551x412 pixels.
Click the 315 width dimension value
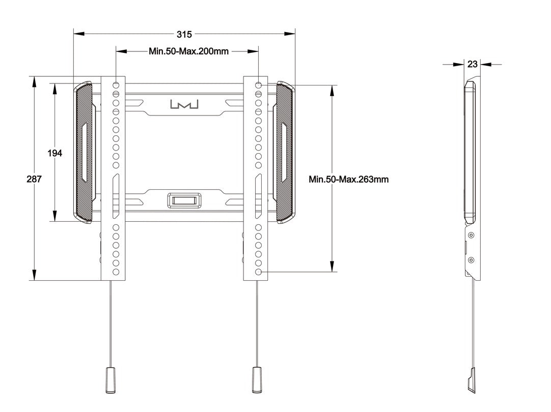pyautogui.click(x=184, y=34)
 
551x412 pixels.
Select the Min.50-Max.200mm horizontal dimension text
pyautogui.click(x=188, y=51)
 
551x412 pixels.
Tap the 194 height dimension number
pyautogui.click(x=55, y=153)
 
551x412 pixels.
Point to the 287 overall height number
pyautogui.click(x=34, y=179)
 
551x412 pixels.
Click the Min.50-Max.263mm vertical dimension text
pyautogui.click(x=349, y=179)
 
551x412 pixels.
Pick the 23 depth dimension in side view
pyautogui.click(x=472, y=64)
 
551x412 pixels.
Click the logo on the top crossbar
pyautogui.click(x=184, y=104)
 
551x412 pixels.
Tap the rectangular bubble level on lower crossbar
pyautogui.click(x=184, y=200)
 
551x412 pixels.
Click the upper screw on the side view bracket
pyautogui.click(x=471, y=235)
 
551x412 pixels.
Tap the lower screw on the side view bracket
pyautogui.click(x=471, y=260)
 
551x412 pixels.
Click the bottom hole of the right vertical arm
pyautogui.click(x=259, y=273)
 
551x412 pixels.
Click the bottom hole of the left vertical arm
pyautogui.click(x=116, y=272)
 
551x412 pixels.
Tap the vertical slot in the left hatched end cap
pyautogui.click(x=84, y=152)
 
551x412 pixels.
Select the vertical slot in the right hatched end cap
pyautogui.click(x=285, y=152)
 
